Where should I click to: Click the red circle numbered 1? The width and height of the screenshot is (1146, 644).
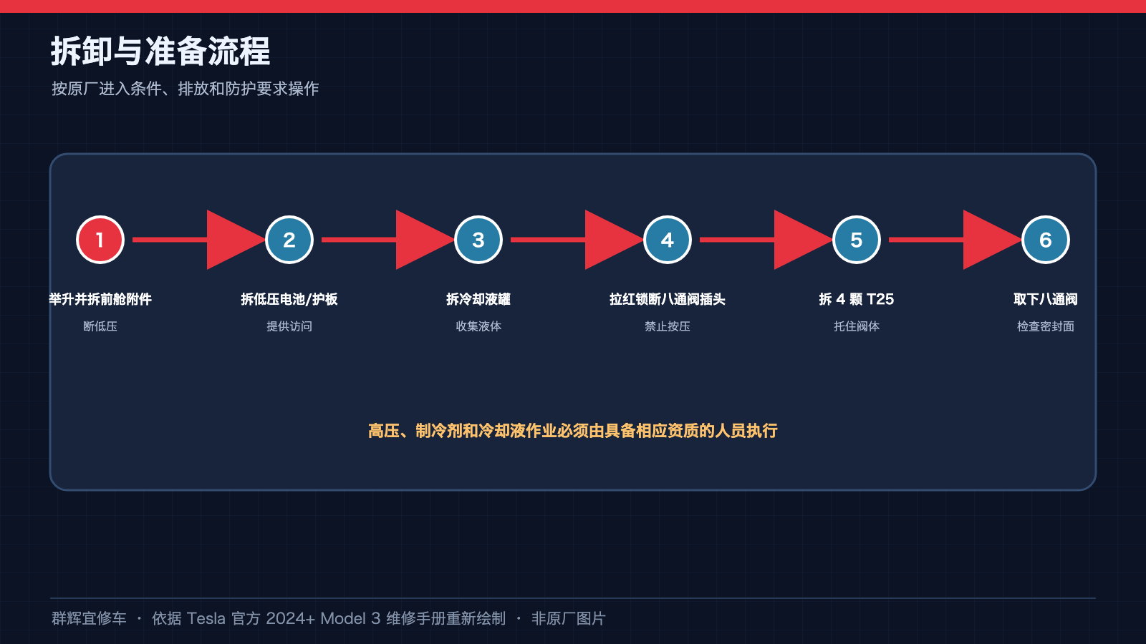click(x=100, y=240)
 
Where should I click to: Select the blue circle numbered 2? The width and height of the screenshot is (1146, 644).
click(x=289, y=240)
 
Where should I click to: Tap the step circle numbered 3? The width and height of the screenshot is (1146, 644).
click(x=478, y=240)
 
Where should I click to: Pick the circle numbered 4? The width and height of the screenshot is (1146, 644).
click(x=667, y=240)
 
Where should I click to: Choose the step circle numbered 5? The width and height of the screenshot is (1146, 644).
click(x=857, y=240)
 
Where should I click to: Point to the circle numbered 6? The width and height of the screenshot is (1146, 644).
click(x=1045, y=240)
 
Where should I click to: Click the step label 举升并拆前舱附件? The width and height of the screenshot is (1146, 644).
click(x=100, y=299)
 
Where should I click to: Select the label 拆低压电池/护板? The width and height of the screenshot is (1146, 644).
click(x=289, y=299)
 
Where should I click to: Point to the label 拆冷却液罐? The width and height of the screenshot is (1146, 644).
click(x=478, y=299)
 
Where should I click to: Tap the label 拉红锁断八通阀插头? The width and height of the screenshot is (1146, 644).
click(x=667, y=299)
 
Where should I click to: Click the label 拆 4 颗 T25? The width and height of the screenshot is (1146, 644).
click(x=857, y=299)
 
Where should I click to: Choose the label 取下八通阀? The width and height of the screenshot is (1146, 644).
click(x=1045, y=299)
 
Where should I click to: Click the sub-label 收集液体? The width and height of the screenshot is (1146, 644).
click(x=478, y=326)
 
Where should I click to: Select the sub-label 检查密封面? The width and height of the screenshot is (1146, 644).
click(x=1045, y=326)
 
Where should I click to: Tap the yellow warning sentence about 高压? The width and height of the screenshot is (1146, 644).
click(x=573, y=431)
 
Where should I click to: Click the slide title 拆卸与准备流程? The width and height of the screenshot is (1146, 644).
click(x=160, y=51)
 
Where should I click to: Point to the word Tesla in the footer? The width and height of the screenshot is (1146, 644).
click(x=206, y=618)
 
